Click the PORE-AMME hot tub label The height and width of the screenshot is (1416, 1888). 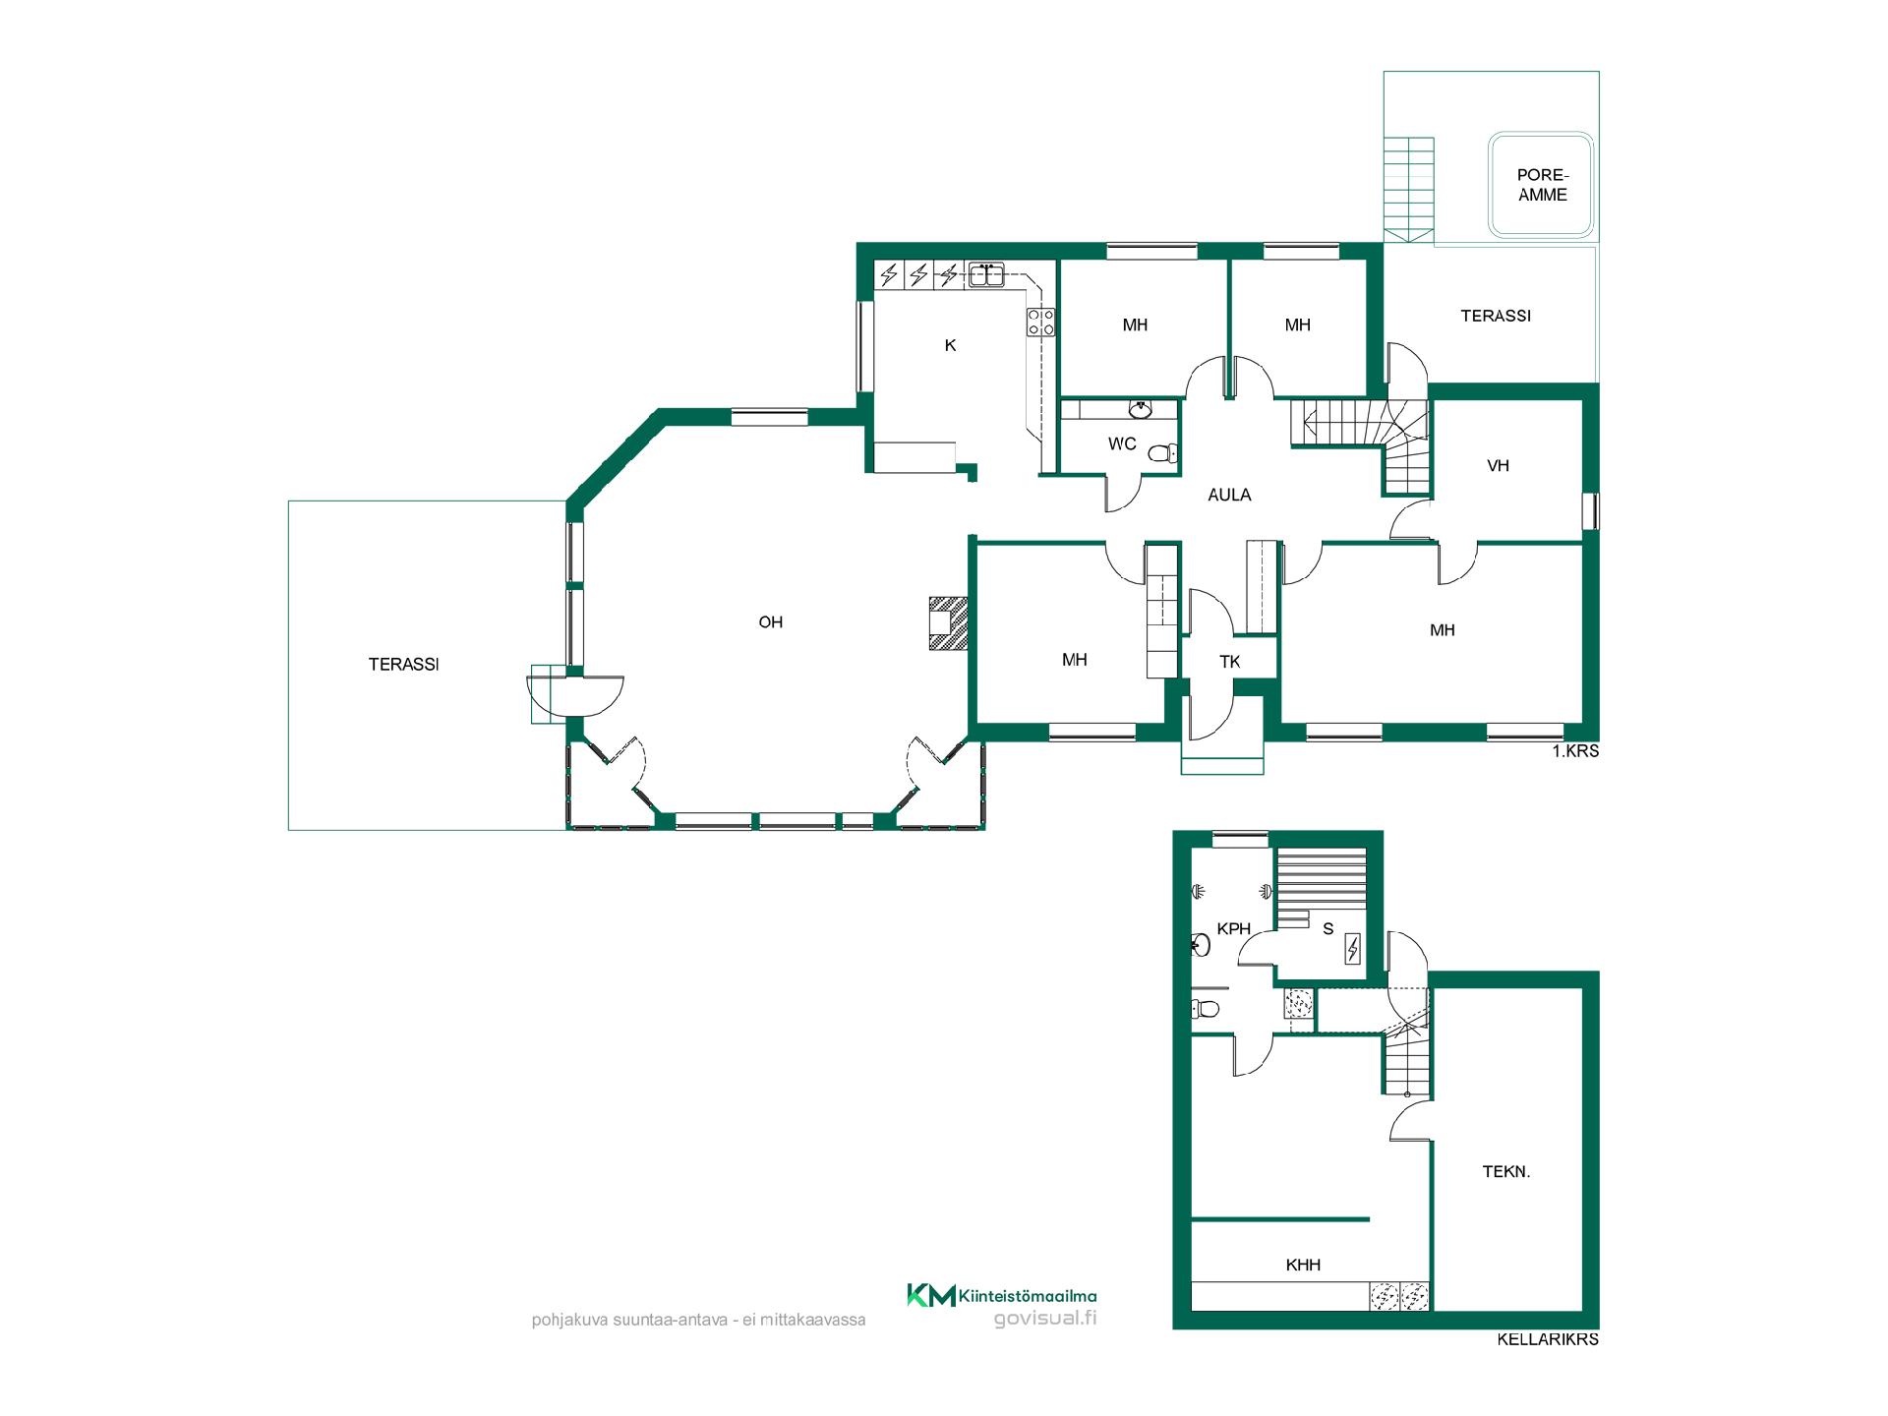[x=1542, y=185]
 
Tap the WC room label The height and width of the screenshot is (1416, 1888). [x=1122, y=444]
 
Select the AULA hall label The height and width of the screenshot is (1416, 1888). [x=1229, y=496]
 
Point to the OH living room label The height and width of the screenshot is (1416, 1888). [x=771, y=622]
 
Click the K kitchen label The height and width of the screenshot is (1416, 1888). [x=950, y=345]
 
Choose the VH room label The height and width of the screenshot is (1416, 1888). [x=1498, y=466]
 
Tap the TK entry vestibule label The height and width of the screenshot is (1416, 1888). [x=1230, y=662]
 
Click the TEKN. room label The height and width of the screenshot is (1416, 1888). [x=1506, y=1171]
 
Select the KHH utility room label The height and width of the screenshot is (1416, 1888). [x=1303, y=1266]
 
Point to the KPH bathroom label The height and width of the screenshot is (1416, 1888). [x=1234, y=928]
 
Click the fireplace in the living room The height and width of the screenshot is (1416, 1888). [x=948, y=623]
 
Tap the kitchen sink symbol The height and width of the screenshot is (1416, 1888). [x=985, y=274]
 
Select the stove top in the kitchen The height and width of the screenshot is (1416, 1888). [x=1041, y=322]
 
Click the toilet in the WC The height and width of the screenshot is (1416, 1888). [x=1163, y=453]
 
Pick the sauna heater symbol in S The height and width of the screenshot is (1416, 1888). [x=1352, y=949]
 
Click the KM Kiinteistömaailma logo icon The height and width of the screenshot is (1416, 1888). [x=930, y=1296]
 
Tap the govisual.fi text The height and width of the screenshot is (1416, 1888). [x=1045, y=1319]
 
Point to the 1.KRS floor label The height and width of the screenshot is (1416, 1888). [x=1575, y=751]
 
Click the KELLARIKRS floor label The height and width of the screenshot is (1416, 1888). [x=1548, y=1339]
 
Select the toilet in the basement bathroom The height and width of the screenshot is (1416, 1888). [x=1206, y=1009]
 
